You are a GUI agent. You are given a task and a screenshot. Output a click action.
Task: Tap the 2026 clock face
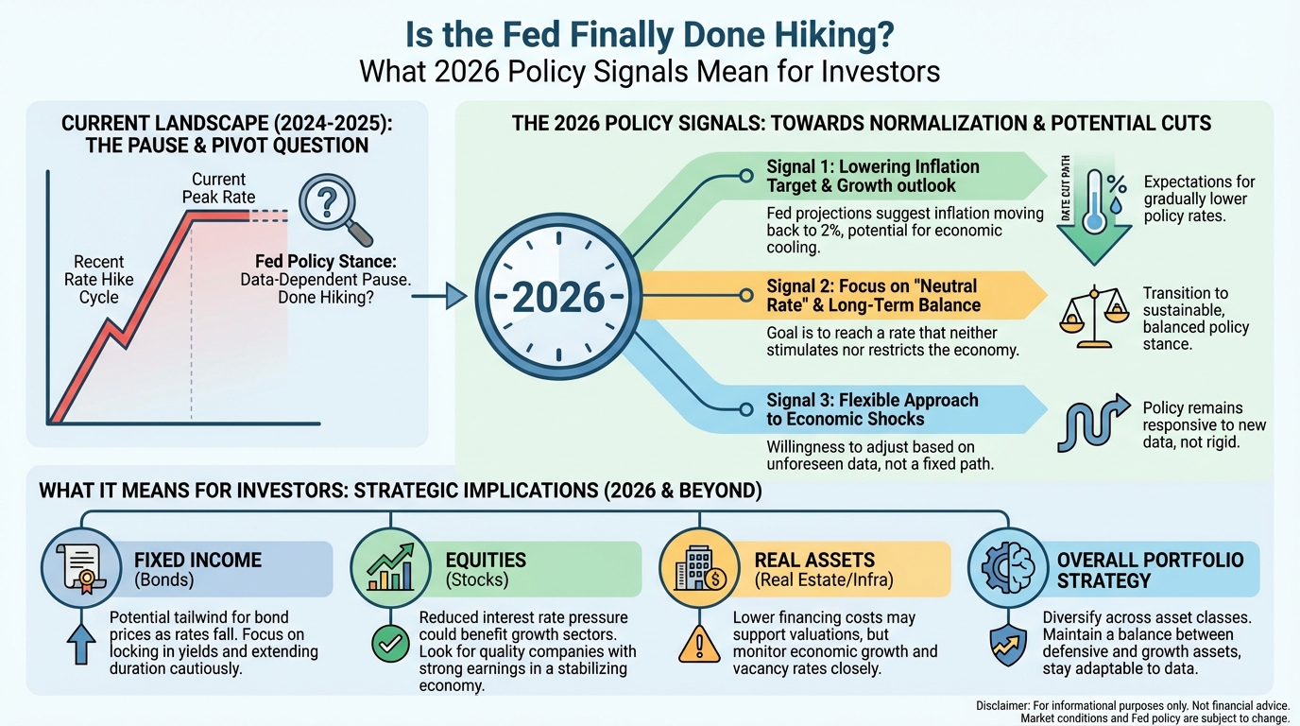[557, 297]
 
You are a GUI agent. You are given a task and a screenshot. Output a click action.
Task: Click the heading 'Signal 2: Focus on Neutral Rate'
[872, 295]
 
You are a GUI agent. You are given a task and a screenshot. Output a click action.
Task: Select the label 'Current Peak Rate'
[218, 188]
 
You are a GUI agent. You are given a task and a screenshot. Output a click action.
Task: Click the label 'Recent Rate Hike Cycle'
[99, 279]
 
